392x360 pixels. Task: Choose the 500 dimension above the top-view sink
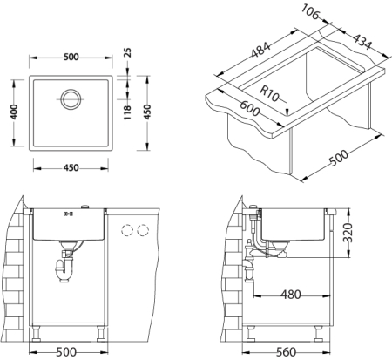71,58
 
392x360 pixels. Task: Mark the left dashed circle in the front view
125,231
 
